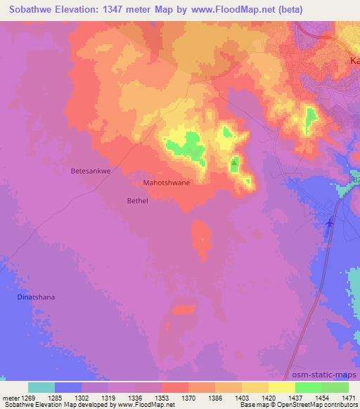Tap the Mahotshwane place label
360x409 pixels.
click(x=167, y=182)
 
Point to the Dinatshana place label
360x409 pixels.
click(x=35, y=297)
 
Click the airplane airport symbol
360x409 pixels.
click(x=330, y=222)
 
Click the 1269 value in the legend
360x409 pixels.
click(x=31, y=398)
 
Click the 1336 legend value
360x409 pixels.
click(x=136, y=398)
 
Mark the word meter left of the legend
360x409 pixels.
click(x=10, y=398)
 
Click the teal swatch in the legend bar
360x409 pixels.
click(x=41, y=387)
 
